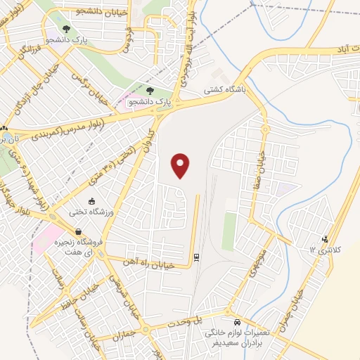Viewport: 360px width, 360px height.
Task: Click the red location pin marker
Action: point(181,166)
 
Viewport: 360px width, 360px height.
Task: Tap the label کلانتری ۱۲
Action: point(324,250)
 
